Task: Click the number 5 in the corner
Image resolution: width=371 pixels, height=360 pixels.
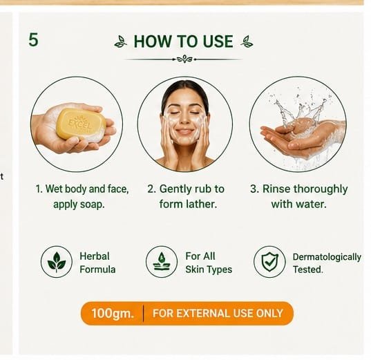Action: click(33, 40)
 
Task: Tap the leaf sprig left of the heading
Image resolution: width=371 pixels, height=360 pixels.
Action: click(121, 41)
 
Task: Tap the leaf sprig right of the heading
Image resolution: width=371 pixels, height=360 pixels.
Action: click(247, 41)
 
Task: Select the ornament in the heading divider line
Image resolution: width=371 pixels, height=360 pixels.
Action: click(184, 59)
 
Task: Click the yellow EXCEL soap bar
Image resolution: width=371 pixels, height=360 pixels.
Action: click(81, 123)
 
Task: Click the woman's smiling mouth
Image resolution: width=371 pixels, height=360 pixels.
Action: click(184, 131)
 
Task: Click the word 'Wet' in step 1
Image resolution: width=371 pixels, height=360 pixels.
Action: click(54, 189)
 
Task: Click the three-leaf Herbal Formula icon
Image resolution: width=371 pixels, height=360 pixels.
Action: click(57, 262)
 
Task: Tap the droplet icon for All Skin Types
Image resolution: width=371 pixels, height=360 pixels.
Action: click(162, 262)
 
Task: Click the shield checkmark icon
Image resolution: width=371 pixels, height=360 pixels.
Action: click(269, 262)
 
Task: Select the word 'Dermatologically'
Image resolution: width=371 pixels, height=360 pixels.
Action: click(327, 257)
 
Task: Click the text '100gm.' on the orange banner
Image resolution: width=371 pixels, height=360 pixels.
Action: click(113, 314)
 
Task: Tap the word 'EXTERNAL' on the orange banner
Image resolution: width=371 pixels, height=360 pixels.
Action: click(203, 314)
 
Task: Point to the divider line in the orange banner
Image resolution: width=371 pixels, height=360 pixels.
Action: click(144, 314)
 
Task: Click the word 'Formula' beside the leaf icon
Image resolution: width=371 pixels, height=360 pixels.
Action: click(97, 269)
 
